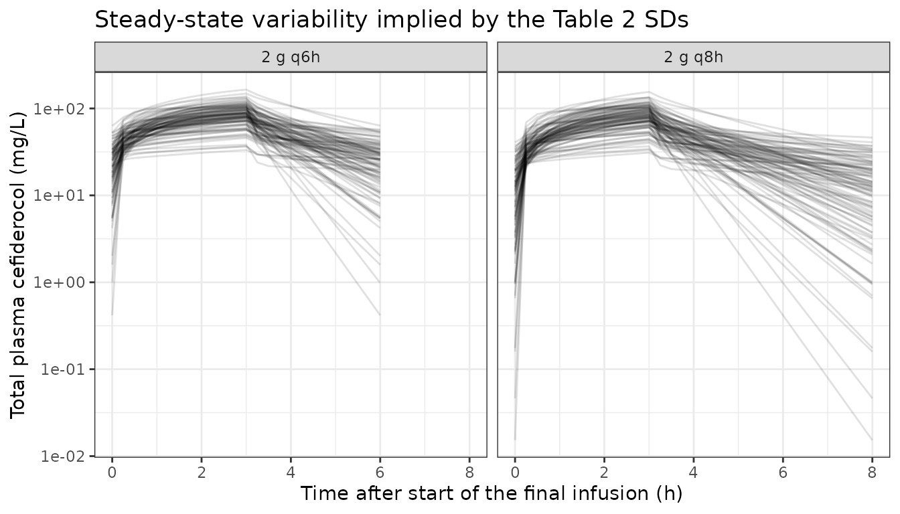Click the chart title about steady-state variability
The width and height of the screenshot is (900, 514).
(x=391, y=19)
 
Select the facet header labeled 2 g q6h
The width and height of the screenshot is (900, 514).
(x=291, y=57)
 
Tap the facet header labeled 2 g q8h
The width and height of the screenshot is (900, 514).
(x=694, y=57)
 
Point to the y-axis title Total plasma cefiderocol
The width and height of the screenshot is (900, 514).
(x=17, y=265)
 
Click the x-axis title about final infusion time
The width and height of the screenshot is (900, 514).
(x=492, y=493)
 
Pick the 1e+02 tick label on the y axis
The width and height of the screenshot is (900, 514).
(x=59, y=109)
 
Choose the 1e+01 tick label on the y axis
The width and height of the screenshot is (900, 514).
(x=59, y=195)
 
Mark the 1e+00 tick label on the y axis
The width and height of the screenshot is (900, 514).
(x=59, y=282)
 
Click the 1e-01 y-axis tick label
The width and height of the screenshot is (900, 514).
(x=63, y=369)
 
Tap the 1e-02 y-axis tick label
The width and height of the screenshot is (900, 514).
(x=63, y=456)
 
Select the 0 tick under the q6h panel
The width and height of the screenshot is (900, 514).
(x=112, y=473)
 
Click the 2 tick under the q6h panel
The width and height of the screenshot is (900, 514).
(x=202, y=473)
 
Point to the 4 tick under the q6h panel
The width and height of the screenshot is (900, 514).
(x=291, y=473)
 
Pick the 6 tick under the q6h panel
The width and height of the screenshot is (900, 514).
(x=380, y=473)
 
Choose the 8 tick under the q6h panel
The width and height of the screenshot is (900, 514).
(x=469, y=473)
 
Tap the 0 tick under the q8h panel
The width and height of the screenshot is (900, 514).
(x=515, y=473)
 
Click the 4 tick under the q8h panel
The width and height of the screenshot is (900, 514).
(x=694, y=473)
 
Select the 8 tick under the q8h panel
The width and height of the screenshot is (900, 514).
(x=872, y=473)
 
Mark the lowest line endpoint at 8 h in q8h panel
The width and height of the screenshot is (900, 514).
(x=872, y=440)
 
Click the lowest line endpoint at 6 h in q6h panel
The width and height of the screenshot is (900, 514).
(x=380, y=315)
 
